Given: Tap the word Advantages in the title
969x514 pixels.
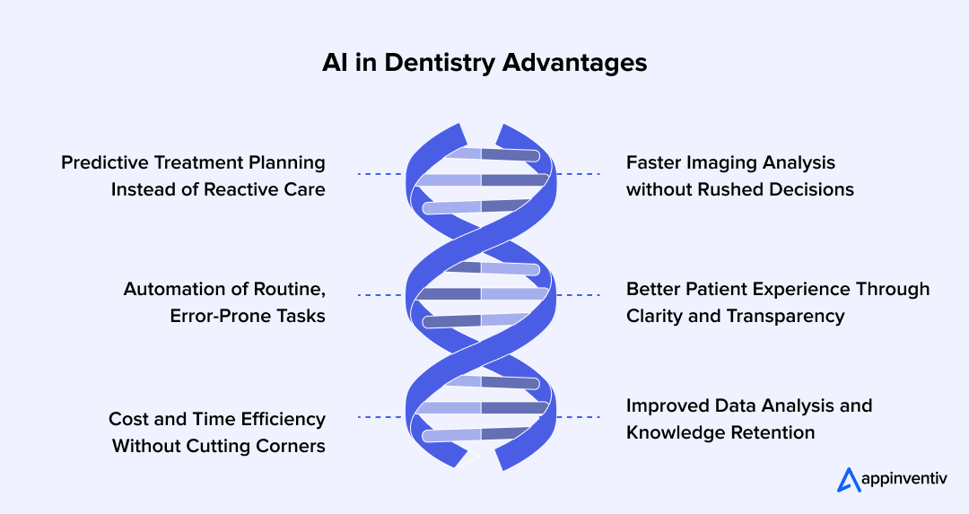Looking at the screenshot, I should click(574, 64).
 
